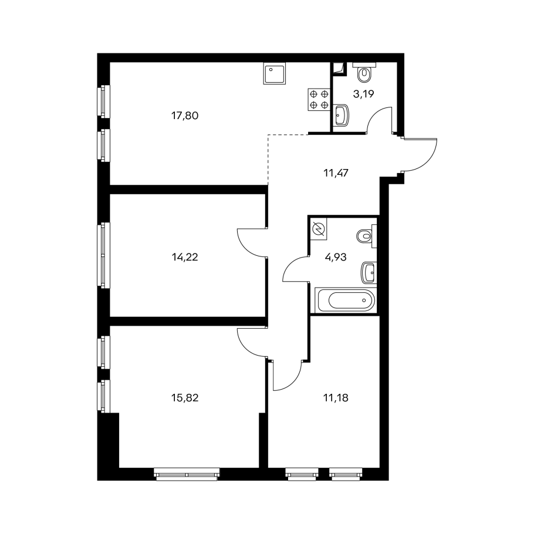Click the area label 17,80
[x=185, y=116]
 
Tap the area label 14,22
[x=185, y=257]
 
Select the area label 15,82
[x=185, y=397]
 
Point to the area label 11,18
[x=336, y=397]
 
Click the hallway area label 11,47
[x=336, y=173]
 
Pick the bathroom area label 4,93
[x=336, y=257]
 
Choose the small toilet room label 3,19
[x=363, y=94]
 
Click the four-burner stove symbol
[x=319, y=99]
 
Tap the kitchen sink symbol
[x=275, y=73]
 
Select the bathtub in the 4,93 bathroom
[x=346, y=300]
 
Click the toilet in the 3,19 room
[x=364, y=72]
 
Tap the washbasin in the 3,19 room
[x=342, y=116]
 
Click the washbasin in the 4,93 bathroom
[x=369, y=272]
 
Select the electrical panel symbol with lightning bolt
[x=319, y=229]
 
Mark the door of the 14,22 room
[x=252, y=242]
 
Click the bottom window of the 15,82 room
[x=187, y=474]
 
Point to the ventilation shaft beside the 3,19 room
[x=339, y=69]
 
